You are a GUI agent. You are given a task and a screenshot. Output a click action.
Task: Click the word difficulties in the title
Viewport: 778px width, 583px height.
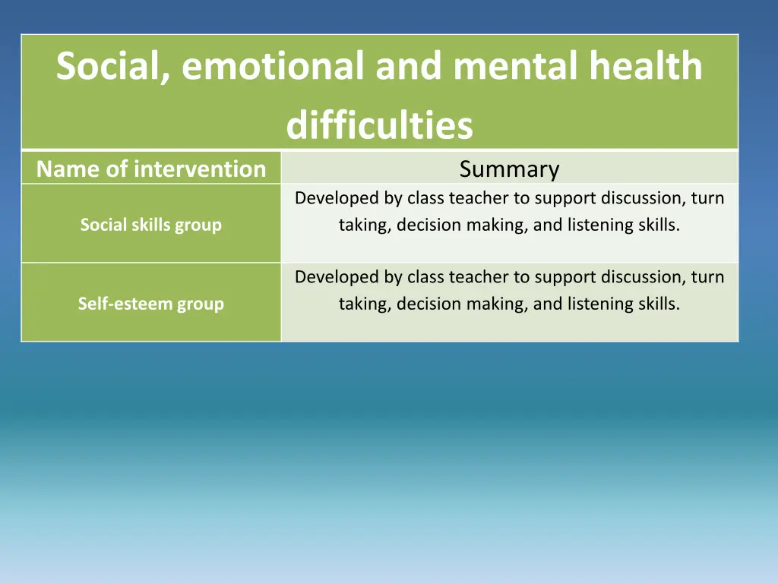pos(379,126)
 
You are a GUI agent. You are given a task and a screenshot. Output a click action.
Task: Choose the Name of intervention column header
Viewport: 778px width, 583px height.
pos(151,169)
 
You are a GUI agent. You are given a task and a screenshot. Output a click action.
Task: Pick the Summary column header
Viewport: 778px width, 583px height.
pos(509,169)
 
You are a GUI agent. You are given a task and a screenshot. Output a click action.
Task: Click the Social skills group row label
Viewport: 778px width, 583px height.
pos(151,225)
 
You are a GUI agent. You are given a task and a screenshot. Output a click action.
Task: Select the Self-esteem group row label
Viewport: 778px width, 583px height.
pos(151,304)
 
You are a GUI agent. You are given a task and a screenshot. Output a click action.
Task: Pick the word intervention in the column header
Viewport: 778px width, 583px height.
pos(200,169)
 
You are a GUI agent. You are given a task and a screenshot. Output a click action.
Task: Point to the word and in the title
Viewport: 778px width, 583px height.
pos(408,67)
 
